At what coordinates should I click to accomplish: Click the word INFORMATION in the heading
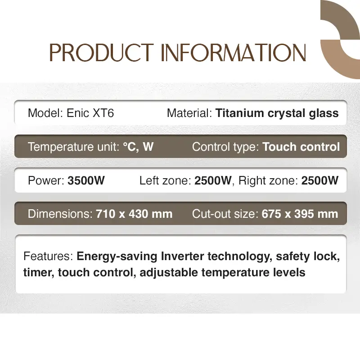tap(234, 53)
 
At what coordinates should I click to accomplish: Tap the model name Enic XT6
tap(90, 113)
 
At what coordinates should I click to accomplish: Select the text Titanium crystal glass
tap(277, 113)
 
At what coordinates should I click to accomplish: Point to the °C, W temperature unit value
tap(138, 147)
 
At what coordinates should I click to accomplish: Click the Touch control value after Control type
tap(301, 147)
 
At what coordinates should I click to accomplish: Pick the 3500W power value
tap(86, 180)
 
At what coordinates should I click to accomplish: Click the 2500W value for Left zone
tap(213, 180)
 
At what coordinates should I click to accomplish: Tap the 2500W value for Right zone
tap(320, 180)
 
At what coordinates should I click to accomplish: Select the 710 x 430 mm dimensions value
tap(134, 214)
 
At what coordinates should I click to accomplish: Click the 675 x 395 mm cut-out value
tap(300, 214)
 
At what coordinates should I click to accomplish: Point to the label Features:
tap(48, 256)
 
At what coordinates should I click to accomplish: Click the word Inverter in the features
tap(182, 256)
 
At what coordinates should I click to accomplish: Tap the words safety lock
tap(308, 256)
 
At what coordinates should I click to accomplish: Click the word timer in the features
tap(39, 273)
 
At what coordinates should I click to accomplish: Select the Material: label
tap(189, 113)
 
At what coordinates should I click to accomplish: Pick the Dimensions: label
tap(60, 214)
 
